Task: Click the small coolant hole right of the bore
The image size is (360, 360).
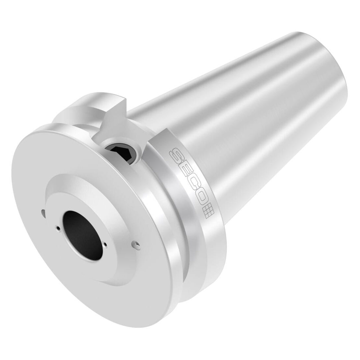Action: (x=105, y=244)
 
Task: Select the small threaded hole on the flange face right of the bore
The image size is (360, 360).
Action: (x=136, y=244)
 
